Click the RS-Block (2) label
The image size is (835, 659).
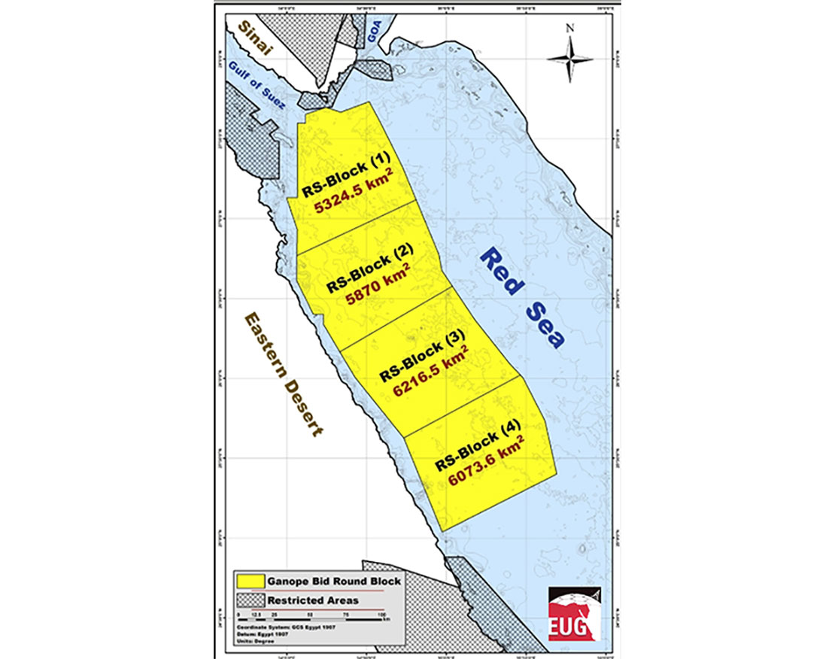(x=369, y=269)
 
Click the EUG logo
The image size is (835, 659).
(x=570, y=612)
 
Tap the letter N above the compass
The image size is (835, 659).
(x=570, y=29)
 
